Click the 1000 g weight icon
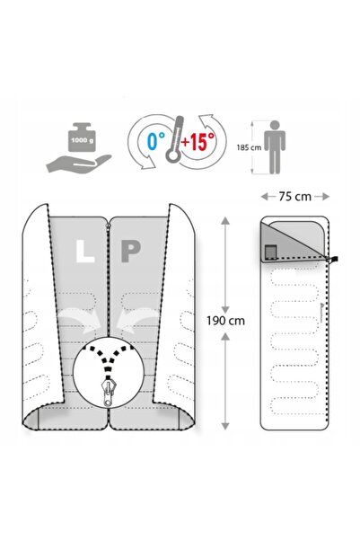click(x=83, y=137)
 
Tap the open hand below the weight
click(x=79, y=164)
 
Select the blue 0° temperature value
click(x=156, y=141)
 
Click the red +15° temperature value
click(x=198, y=141)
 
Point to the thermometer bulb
click(x=173, y=155)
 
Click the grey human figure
click(x=275, y=147)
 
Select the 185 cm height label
click(x=249, y=147)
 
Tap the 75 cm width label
click(x=295, y=197)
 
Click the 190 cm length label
click(x=225, y=321)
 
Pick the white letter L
click(x=84, y=251)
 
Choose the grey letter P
click(x=131, y=251)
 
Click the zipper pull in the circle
click(x=110, y=393)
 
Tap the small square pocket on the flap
click(x=271, y=252)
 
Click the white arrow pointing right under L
click(x=81, y=320)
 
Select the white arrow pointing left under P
click(x=138, y=320)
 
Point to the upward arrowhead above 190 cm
click(x=225, y=221)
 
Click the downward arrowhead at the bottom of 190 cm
click(x=225, y=426)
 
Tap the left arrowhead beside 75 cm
click(x=264, y=197)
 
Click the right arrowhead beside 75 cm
click(x=326, y=197)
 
